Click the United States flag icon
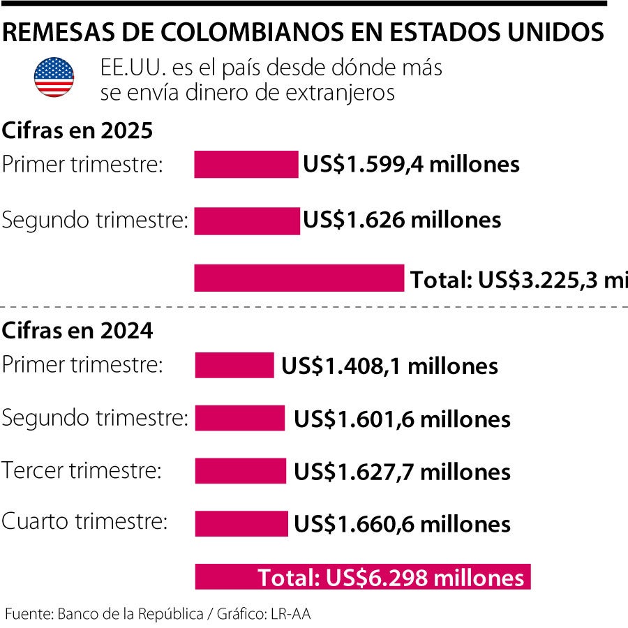(x=54, y=77)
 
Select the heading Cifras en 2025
(x=77, y=131)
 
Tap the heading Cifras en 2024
(x=77, y=330)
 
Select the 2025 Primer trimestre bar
(x=246, y=165)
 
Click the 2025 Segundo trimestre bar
(x=246, y=220)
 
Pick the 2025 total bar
(x=299, y=278)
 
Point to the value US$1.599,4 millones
(x=411, y=165)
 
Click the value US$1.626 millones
(x=402, y=220)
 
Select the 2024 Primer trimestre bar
(x=234, y=366)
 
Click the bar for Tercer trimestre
(x=241, y=471)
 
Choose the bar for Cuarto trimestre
(x=241, y=523)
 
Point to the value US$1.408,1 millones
(x=389, y=366)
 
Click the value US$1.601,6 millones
(x=402, y=419)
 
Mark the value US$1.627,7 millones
(x=402, y=472)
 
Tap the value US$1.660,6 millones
(x=402, y=524)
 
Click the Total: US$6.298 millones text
(x=391, y=578)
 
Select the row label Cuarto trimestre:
(x=85, y=522)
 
